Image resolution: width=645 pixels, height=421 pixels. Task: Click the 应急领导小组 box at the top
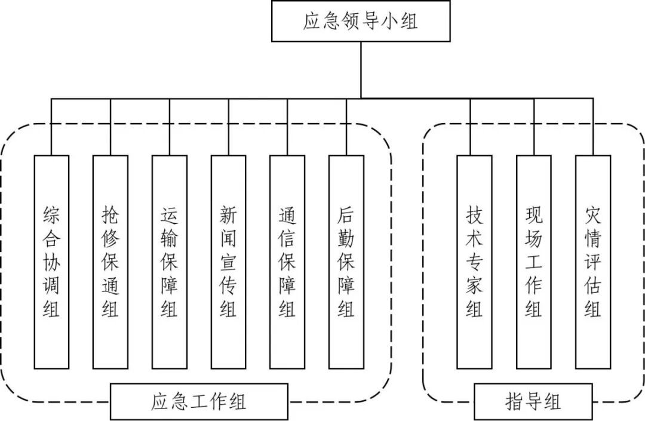tap(361, 21)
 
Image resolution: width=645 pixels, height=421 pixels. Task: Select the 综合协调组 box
tap(51, 262)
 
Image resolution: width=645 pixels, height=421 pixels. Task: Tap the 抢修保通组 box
tap(110, 262)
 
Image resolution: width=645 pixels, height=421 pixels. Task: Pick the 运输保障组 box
tap(169, 262)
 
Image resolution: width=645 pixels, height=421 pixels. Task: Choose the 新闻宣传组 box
tap(228, 262)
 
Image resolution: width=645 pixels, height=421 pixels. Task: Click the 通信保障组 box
tap(287, 262)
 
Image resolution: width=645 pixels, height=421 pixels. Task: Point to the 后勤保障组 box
tap(346, 262)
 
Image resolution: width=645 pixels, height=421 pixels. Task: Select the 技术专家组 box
tap(474, 262)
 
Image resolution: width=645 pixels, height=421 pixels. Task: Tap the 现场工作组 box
tap(534, 262)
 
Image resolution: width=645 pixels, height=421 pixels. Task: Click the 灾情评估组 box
tap(593, 262)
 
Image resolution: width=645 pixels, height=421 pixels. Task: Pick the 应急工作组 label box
tap(199, 401)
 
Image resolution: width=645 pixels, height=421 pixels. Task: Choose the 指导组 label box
tap(533, 401)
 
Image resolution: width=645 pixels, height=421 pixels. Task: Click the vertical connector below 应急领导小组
tap(361, 69)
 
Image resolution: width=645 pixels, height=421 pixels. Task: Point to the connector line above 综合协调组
tap(51, 127)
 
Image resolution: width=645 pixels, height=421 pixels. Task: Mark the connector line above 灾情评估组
tap(593, 127)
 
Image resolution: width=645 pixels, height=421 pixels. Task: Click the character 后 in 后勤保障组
tap(346, 214)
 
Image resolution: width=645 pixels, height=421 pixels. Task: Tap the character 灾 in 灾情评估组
tap(593, 214)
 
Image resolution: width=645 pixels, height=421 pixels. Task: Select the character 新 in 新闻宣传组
tap(228, 214)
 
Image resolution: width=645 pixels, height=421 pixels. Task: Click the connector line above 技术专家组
tap(471, 127)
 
